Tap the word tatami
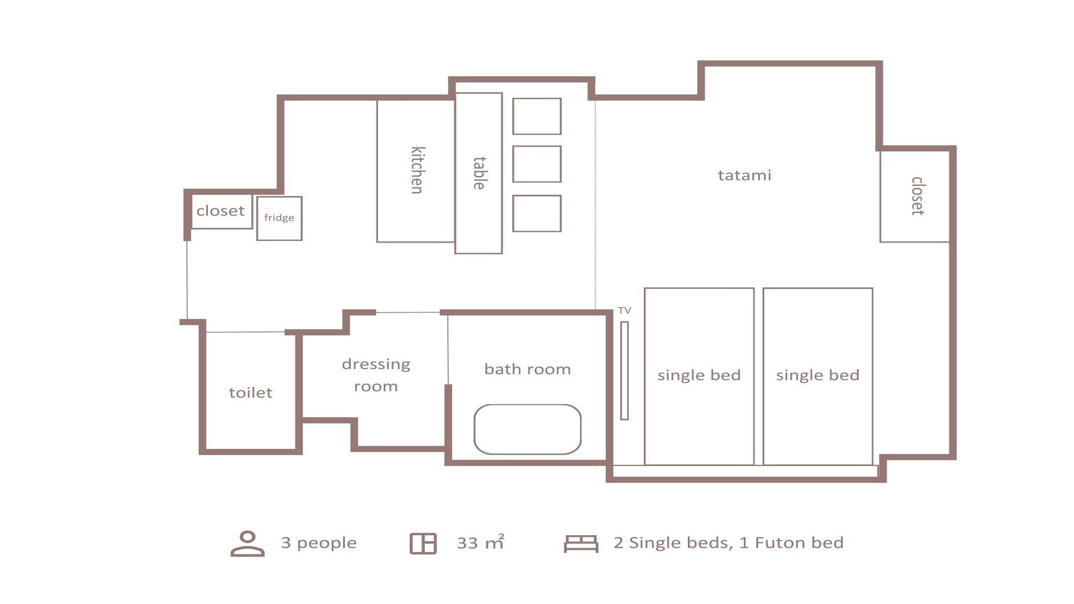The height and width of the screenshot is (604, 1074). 744,175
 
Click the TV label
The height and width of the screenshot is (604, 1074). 624,310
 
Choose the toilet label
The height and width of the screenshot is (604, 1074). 250,392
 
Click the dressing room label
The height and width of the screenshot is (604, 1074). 376,375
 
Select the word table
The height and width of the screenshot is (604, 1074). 480,173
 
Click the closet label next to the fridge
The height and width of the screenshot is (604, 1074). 220,210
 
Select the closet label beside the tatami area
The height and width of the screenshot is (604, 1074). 918,196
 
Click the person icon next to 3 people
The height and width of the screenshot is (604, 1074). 248,543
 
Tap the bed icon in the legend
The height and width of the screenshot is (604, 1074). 581,543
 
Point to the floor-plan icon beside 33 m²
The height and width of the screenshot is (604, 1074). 423,543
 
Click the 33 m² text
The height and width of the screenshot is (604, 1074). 481,542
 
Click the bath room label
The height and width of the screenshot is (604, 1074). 527,369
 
